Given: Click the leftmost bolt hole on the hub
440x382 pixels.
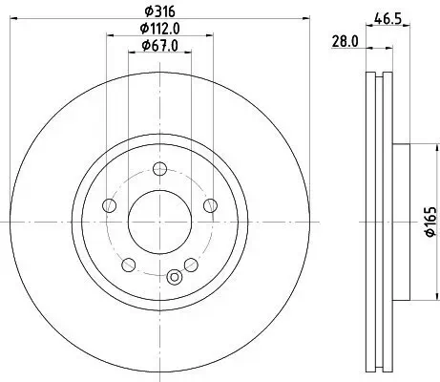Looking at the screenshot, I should coord(110,206).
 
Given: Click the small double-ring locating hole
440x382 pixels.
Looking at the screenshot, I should coord(173,278).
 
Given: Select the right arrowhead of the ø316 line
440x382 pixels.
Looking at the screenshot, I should coord(307,17).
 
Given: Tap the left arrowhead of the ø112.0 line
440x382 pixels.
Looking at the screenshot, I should coord(106,35).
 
